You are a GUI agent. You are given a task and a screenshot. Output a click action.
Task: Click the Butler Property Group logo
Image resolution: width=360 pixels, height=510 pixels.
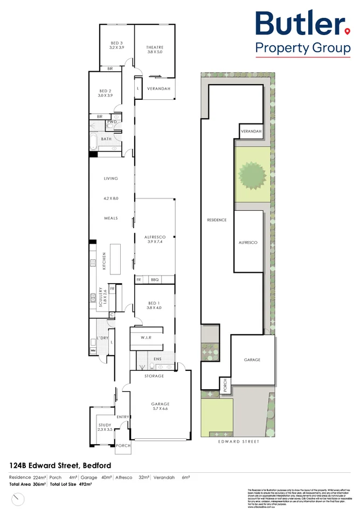pyautogui.click(x=302, y=32)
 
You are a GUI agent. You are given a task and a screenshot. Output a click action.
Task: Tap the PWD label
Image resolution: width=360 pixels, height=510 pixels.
pyautogui.click(x=112, y=122)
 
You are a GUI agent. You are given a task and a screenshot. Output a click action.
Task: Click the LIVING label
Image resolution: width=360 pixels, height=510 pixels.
pyautogui.click(x=111, y=178)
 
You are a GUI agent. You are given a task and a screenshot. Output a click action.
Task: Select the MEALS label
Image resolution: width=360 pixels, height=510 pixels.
pyautogui.click(x=111, y=218)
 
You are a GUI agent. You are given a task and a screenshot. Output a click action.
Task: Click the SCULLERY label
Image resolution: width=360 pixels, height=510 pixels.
pyautogui.click(x=101, y=295)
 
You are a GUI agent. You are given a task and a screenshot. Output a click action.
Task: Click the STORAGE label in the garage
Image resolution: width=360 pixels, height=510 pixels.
pyautogui.click(x=155, y=376)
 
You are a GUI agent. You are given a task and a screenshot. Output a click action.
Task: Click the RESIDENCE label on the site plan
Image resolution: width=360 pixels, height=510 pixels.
pyautogui.click(x=217, y=220)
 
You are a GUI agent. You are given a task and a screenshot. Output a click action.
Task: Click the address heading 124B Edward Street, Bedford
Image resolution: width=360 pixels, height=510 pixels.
pyautogui.click(x=60, y=465)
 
